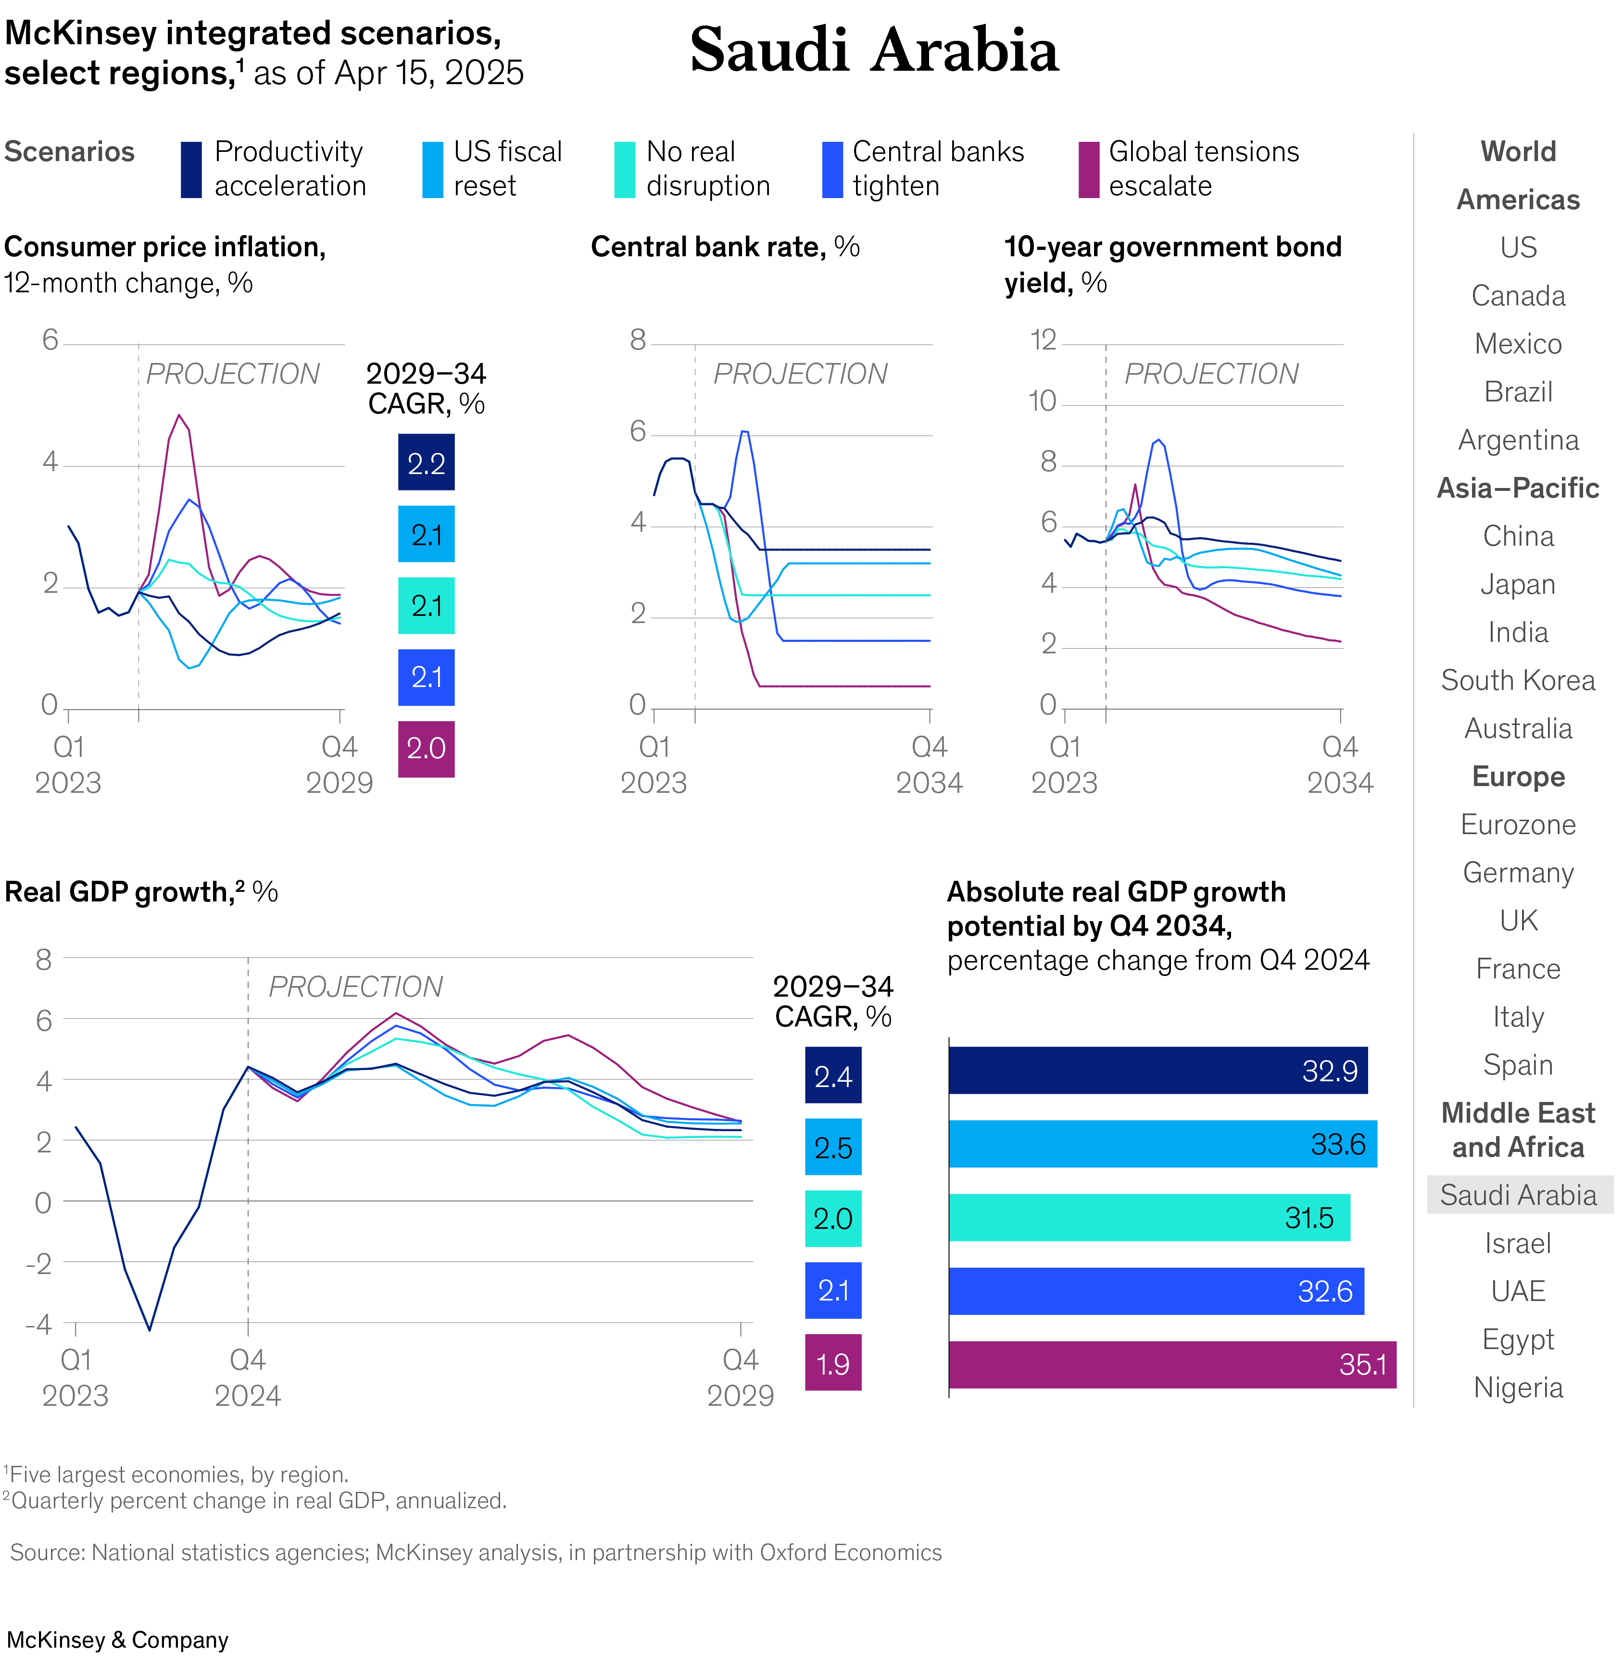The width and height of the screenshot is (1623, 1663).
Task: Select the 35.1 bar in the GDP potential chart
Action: coord(1171,1364)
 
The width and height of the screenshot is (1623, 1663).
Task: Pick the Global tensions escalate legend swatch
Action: coord(1089,170)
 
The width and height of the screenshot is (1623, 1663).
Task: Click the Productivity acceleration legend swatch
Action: coord(191,170)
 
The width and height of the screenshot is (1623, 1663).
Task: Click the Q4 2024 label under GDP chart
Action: coord(247,1376)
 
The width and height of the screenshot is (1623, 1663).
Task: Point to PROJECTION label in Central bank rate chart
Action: coord(800,374)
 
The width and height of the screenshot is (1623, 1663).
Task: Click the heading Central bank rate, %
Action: coord(725,247)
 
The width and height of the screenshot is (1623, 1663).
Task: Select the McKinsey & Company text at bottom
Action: coord(118,1640)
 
